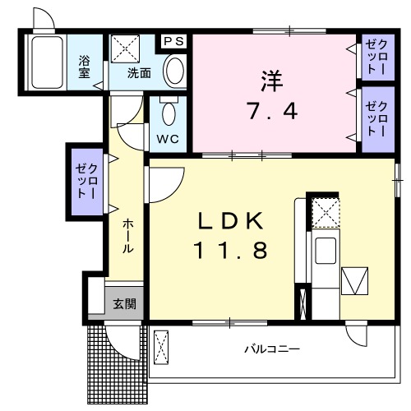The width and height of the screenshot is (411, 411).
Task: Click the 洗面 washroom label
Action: [x=139, y=72]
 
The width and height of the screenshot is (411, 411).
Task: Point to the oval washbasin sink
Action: [x=173, y=71]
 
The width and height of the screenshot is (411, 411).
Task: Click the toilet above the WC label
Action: [x=169, y=110]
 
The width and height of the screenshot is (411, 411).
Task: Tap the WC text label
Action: [x=168, y=138]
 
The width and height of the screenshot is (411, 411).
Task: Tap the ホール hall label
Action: [x=129, y=236]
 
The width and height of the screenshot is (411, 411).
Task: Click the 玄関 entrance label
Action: [x=124, y=303]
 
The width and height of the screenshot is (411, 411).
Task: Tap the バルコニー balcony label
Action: [x=270, y=349]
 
